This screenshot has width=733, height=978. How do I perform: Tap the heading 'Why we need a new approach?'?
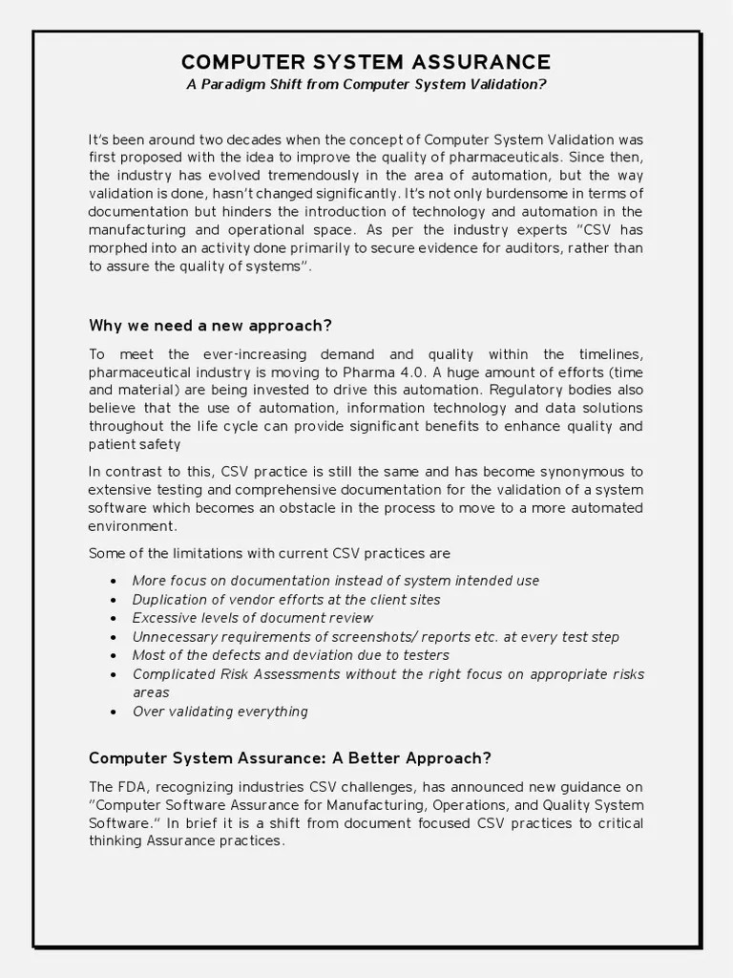(210, 325)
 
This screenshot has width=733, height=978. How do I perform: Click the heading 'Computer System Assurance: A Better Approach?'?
(290, 758)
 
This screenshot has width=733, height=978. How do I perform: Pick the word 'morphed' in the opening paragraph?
(117, 248)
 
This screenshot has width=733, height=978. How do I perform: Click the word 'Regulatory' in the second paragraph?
(532, 390)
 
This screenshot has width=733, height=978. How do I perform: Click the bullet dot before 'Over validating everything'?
(114, 712)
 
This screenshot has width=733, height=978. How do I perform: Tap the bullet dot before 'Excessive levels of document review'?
(114, 618)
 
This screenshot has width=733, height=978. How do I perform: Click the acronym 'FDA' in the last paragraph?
(134, 787)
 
